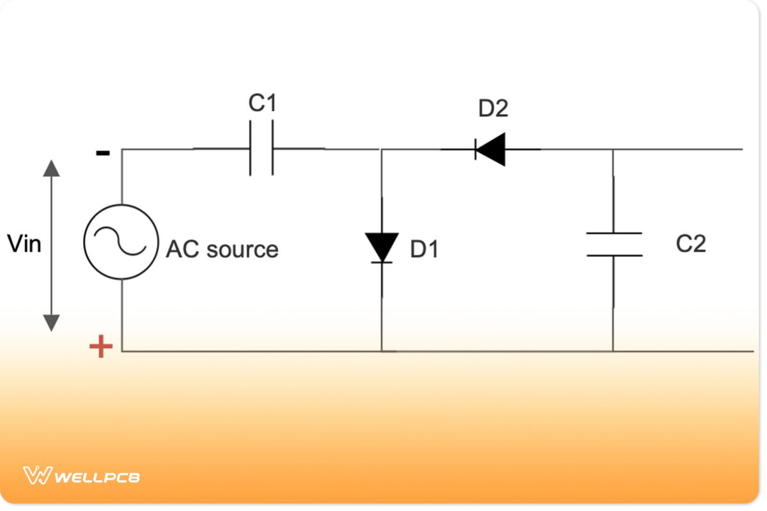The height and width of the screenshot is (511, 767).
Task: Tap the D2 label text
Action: [493, 109]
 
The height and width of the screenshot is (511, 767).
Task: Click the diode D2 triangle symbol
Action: [490, 149]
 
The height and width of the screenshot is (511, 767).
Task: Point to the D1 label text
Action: [424, 250]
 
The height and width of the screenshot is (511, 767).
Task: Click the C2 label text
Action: [691, 243]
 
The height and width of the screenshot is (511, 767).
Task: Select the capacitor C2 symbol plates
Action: [614, 245]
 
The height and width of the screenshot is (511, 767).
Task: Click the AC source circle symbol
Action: [121, 241]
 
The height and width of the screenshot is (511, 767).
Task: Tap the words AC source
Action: [222, 249]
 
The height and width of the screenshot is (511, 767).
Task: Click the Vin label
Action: [24, 243]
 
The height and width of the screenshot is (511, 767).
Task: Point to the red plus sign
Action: [100, 347]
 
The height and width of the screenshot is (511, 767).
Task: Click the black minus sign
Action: [102, 153]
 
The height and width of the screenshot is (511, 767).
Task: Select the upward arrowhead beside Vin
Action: [51, 168]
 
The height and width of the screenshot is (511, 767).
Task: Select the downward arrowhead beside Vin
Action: [51, 323]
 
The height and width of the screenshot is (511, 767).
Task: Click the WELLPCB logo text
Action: [97, 477]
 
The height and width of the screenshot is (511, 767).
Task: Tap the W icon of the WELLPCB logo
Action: [36, 475]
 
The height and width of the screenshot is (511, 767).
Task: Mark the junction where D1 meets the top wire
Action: [382, 149]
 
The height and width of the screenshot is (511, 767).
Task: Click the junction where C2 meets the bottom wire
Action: [613, 351]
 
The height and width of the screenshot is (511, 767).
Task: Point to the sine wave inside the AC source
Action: [121, 241]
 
